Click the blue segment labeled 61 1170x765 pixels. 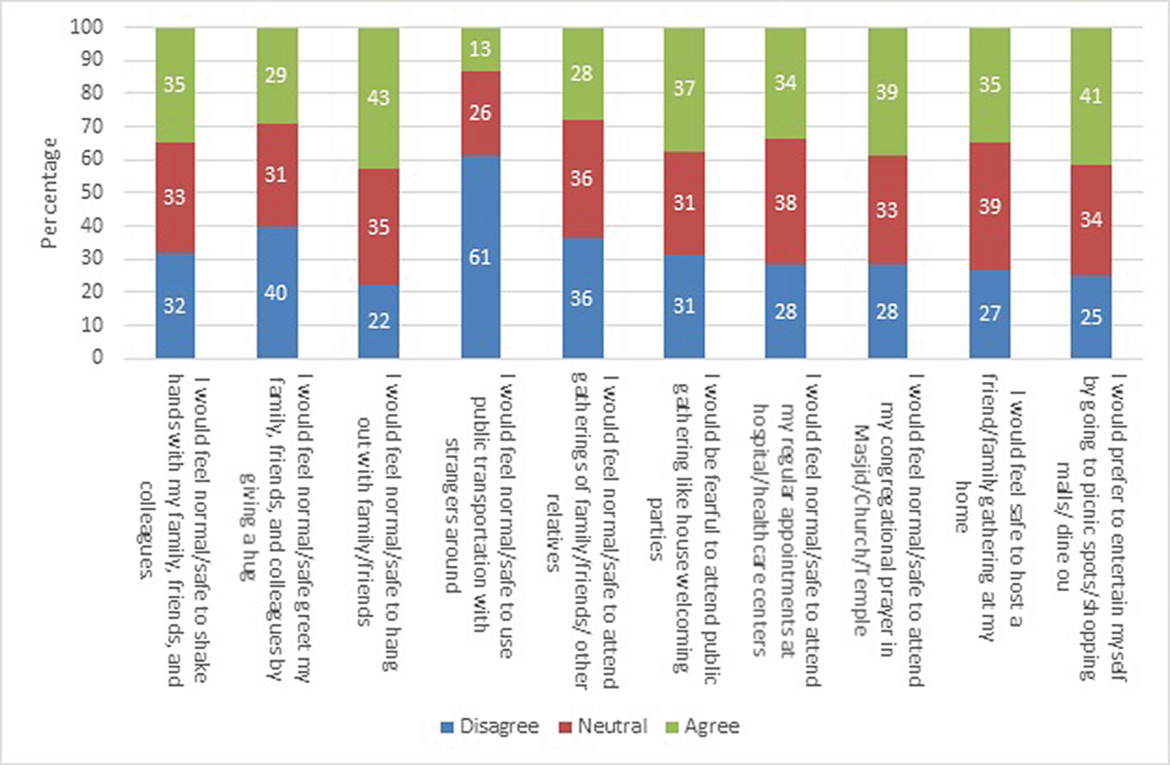click(480, 257)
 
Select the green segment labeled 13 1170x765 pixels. click(480, 49)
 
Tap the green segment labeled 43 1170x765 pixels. click(378, 98)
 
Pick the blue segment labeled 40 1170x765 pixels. click(277, 292)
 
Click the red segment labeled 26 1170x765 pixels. click(480, 113)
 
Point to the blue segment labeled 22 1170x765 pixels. click(378, 321)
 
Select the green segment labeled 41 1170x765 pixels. click(1090, 96)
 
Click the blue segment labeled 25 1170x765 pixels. click(1090, 316)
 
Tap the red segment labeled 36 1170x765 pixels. click(582, 179)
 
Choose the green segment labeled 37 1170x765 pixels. click(683, 89)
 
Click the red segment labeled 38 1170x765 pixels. click(785, 202)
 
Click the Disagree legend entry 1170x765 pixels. click(490, 726)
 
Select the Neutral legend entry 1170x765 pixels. click(604, 726)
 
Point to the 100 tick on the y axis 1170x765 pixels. click(87, 27)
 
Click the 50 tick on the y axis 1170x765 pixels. click(92, 193)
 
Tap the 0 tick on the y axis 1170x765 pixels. click(98, 357)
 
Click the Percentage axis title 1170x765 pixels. click(49, 193)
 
